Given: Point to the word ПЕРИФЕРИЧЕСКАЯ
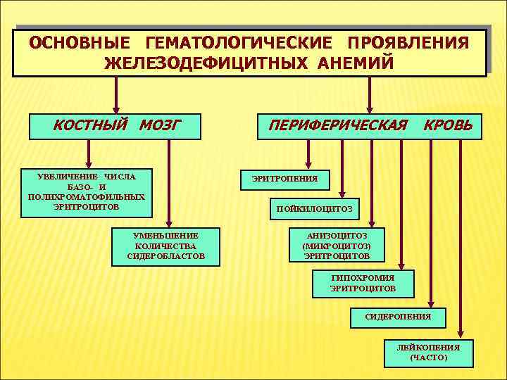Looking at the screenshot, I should (336, 126).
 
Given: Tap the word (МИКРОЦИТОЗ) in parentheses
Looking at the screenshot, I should (337, 246).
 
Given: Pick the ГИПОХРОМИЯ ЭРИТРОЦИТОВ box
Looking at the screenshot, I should (363, 283).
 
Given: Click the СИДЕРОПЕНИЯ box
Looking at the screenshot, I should (398, 317).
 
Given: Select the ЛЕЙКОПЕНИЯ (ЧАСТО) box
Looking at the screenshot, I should (428, 353).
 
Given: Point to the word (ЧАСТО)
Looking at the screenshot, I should (428, 358).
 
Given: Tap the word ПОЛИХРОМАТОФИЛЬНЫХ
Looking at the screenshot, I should (87, 197).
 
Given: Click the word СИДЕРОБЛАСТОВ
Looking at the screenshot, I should (166, 256).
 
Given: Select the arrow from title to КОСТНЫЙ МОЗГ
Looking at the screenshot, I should (116, 94).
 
